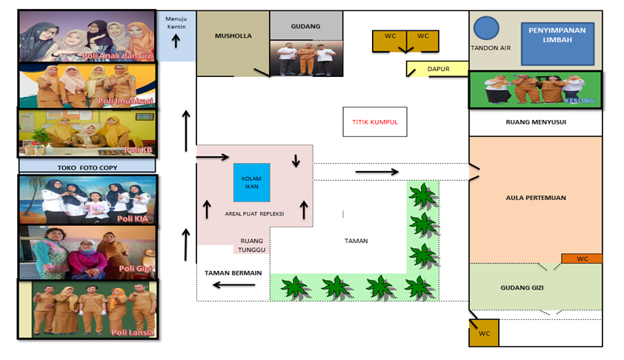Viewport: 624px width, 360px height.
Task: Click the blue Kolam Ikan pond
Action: (x=251, y=182)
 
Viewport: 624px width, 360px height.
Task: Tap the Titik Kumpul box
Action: (x=375, y=121)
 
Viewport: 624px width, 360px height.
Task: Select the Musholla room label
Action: (x=233, y=36)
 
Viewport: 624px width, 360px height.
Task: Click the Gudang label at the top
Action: (x=306, y=27)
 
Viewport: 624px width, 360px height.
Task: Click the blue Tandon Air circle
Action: (x=486, y=28)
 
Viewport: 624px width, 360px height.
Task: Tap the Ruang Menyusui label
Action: (x=536, y=122)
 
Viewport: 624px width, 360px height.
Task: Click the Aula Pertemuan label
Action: (x=536, y=198)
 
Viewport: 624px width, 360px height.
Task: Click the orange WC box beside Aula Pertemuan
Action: (x=582, y=259)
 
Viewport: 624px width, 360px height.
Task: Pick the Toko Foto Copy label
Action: (x=87, y=167)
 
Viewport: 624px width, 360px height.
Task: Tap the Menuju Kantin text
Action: (x=176, y=23)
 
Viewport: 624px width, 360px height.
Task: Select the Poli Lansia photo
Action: (x=87, y=309)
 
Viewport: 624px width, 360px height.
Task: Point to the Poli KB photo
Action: (x=87, y=133)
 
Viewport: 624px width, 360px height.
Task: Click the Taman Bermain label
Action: (x=233, y=273)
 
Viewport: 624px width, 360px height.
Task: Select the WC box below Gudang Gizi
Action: (x=484, y=333)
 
